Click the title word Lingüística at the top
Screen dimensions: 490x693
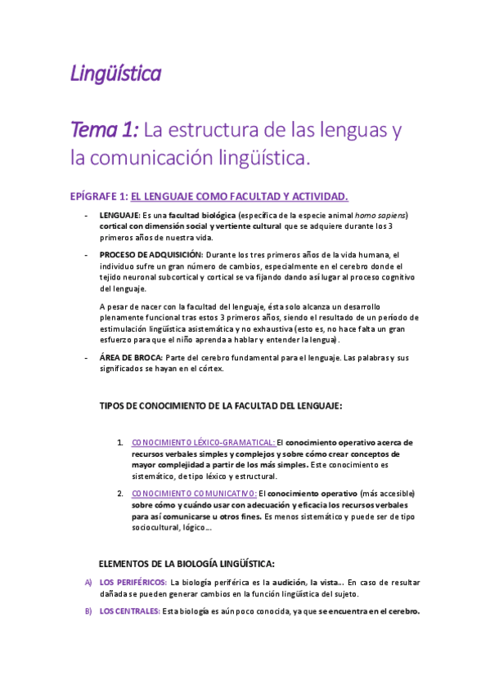(115, 74)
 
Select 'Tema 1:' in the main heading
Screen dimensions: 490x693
(106, 129)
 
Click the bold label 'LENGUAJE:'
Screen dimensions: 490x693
(119, 214)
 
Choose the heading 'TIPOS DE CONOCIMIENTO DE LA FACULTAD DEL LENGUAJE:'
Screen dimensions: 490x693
(220, 406)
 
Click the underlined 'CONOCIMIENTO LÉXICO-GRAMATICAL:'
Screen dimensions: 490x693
(203, 442)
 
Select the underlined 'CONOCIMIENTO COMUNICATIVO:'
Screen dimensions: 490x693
(194, 494)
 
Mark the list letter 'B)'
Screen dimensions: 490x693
(88, 611)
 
